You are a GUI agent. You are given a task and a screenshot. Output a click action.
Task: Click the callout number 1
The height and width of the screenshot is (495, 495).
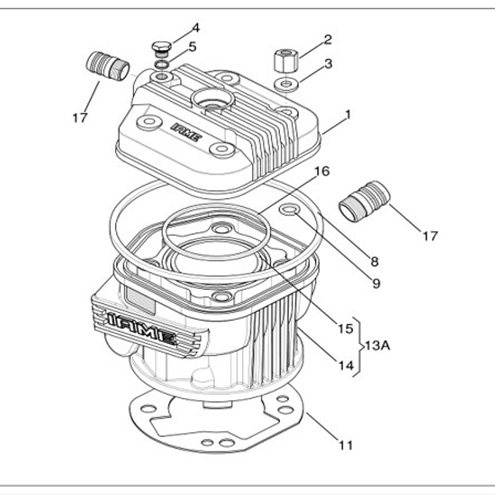(348, 115)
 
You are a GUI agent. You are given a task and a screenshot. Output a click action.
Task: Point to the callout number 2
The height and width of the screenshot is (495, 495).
(328, 39)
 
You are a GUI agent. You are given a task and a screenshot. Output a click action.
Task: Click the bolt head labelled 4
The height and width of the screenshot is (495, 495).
(161, 48)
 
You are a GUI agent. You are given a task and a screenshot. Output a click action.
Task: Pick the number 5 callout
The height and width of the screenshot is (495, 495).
(192, 46)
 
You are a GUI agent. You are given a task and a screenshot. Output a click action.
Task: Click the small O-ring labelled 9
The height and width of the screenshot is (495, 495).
(290, 210)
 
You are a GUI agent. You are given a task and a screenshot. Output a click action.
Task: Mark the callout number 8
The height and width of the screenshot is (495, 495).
(375, 262)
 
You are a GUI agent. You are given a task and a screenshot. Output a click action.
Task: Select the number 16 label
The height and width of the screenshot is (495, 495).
(322, 172)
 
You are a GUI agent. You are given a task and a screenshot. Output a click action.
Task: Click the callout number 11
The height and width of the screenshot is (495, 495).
(346, 445)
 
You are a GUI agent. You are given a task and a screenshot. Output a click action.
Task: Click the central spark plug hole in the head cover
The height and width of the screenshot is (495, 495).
(212, 101)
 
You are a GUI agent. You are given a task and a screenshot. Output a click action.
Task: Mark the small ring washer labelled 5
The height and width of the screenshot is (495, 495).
(161, 64)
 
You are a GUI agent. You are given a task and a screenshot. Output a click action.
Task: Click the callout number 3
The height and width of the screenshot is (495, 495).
(328, 64)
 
